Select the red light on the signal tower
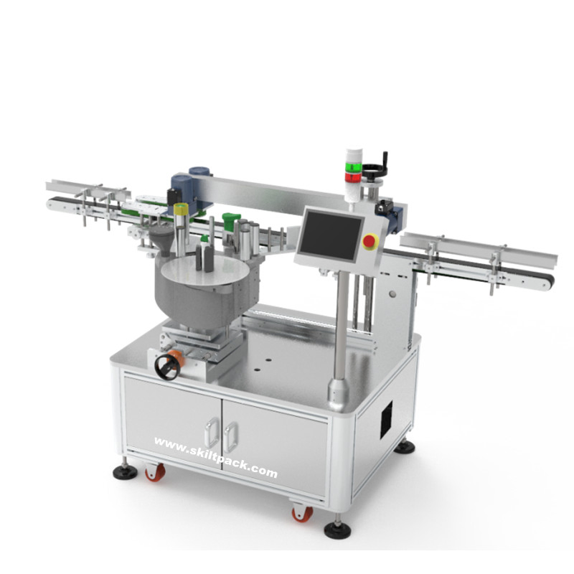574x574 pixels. point(353,177)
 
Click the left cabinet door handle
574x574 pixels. point(212,433)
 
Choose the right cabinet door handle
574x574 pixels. point(231,437)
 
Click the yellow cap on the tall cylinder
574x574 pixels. point(181,209)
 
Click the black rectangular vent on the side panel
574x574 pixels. point(386,420)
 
